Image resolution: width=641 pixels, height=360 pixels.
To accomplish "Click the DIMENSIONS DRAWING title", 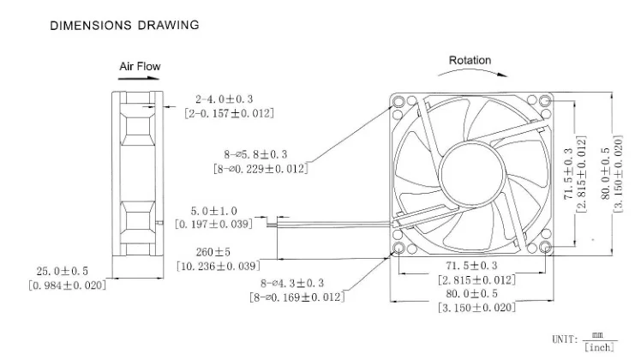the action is [x=124, y=26].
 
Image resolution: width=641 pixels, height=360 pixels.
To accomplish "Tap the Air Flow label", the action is [x=140, y=66].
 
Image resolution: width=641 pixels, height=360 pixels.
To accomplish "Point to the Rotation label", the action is [x=470, y=60].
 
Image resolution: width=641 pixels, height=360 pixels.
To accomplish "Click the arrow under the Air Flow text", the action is [x=139, y=78].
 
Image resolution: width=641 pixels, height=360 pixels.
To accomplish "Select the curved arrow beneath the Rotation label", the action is [x=472, y=70].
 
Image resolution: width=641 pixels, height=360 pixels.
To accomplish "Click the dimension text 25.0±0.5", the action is [x=63, y=271].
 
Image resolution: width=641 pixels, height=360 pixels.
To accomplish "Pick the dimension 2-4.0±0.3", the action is [x=224, y=99].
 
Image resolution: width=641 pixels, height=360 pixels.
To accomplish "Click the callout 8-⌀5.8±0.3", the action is [x=255, y=154].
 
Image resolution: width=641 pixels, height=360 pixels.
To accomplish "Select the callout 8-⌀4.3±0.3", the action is [x=292, y=283].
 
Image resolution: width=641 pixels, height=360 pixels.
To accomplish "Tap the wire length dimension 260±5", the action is [x=213, y=252].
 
